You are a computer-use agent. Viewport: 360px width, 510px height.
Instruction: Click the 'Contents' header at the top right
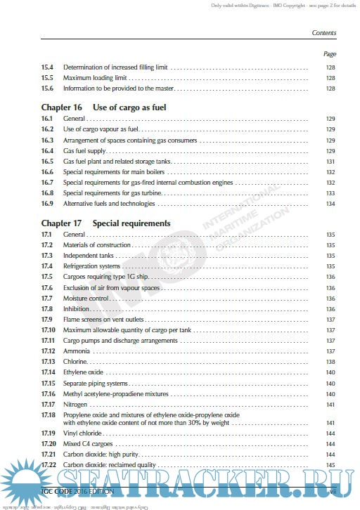click(x=323, y=33)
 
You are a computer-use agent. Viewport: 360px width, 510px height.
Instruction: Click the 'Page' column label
click(x=329, y=54)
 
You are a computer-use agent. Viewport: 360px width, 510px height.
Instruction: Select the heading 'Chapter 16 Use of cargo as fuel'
click(x=103, y=107)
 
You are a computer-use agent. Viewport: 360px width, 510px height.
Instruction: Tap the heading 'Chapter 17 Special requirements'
click(x=105, y=223)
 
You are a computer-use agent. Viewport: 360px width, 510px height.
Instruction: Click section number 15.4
click(x=47, y=68)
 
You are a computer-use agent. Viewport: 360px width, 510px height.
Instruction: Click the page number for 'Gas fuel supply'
click(x=330, y=151)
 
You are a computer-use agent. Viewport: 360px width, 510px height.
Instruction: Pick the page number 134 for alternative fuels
click(x=330, y=204)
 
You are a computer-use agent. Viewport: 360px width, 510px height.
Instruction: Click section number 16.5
click(x=47, y=162)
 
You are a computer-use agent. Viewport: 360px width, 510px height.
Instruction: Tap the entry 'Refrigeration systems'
click(x=92, y=266)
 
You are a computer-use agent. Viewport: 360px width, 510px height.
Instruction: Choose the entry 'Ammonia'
click(x=76, y=351)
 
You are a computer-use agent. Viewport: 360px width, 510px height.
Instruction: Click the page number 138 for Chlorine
click(x=330, y=361)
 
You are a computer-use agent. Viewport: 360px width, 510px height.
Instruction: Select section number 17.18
click(x=48, y=415)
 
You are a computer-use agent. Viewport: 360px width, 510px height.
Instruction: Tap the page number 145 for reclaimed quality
click(x=330, y=465)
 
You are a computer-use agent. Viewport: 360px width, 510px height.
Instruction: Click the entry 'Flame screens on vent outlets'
click(x=103, y=319)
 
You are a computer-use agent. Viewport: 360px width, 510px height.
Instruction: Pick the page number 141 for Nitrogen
click(x=330, y=405)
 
